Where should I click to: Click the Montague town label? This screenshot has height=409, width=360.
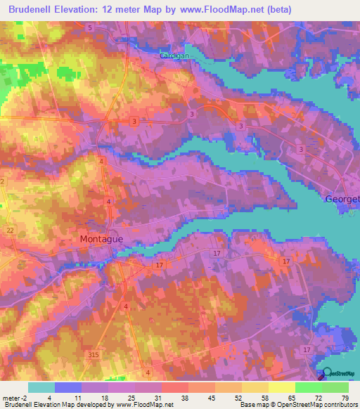101,239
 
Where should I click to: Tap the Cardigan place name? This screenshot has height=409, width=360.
174,55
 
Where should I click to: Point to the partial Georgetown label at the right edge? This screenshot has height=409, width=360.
342,199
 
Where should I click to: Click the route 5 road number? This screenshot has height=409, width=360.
90,27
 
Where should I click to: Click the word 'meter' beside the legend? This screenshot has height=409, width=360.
13,397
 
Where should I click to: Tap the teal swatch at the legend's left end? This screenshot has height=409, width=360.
41,387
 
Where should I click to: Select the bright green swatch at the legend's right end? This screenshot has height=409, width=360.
335,387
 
